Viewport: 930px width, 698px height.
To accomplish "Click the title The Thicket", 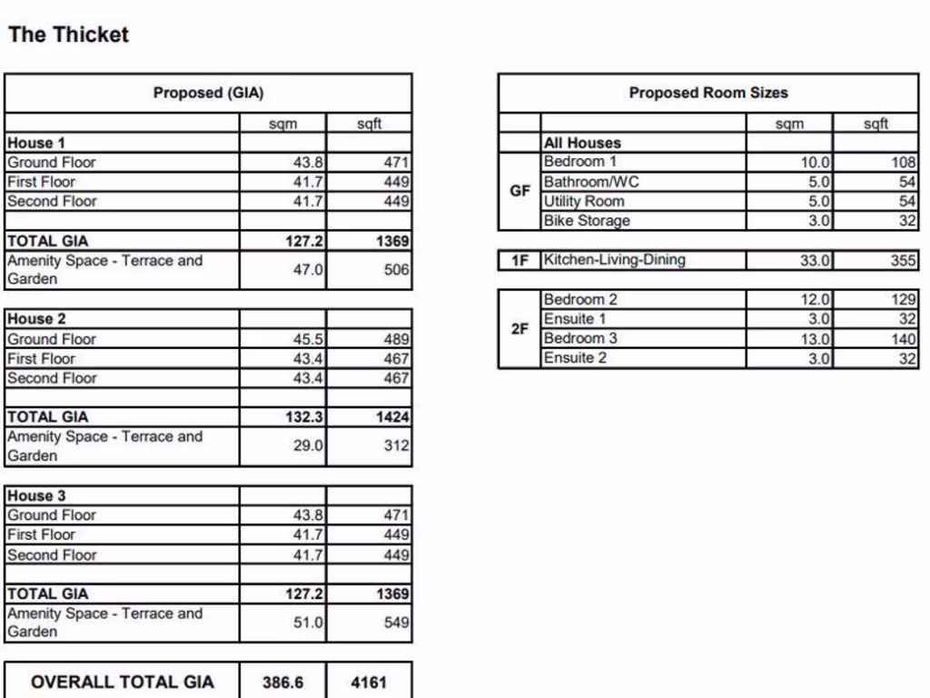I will [x=68, y=35].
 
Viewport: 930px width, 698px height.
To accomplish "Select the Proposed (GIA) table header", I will [x=208, y=93].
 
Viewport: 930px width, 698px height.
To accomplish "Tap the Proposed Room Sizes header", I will [x=708, y=93].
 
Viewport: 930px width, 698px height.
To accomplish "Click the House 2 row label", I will [x=36, y=319].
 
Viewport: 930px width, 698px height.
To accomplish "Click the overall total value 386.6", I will [x=282, y=682].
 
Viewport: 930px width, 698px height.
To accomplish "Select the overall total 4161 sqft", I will [x=369, y=682].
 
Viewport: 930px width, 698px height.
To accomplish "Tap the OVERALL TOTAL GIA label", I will [x=123, y=682].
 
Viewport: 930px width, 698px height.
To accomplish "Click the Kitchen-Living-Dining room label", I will [x=614, y=260].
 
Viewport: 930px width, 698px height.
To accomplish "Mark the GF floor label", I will [x=519, y=192].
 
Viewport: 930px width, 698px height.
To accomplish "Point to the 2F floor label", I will [x=519, y=329].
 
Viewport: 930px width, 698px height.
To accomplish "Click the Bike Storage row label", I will [x=586, y=221].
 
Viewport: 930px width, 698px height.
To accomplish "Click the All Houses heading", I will [x=582, y=143].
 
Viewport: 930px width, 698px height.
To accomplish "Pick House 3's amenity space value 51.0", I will [x=308, y=623].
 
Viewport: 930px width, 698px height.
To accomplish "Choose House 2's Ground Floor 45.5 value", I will [x=308, y=339].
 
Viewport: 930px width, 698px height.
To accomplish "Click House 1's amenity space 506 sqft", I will [x=395, y=270].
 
